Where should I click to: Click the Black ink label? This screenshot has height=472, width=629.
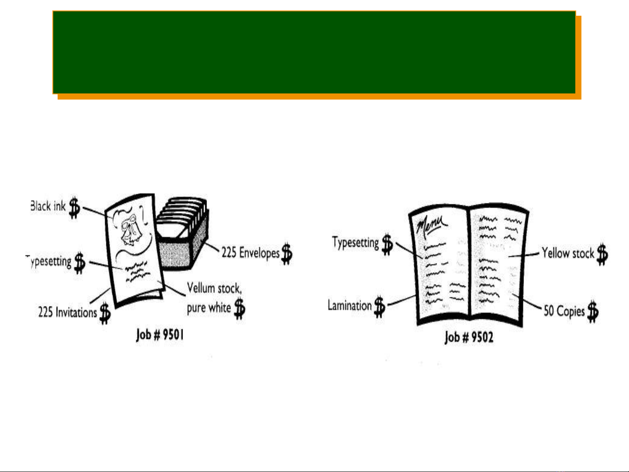coord(48,206)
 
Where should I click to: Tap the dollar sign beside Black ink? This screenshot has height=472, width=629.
coord(75,208)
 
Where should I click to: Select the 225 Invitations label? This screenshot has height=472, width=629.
coord(67,312)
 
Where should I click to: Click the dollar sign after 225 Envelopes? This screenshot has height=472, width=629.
coord(287,254)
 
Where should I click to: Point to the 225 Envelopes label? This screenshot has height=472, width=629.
coord(250,252)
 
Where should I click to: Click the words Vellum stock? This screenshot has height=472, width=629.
coord(214,288)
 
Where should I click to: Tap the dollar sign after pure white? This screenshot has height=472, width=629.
coord(239,308)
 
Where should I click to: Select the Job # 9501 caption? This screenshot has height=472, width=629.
coord(160,335)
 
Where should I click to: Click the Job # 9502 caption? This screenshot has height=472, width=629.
coord(469,337)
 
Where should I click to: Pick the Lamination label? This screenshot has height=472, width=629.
coord(349,305)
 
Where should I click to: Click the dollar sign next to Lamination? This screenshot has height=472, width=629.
coord(380,307)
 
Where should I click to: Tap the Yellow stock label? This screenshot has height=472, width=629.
coord(567,253)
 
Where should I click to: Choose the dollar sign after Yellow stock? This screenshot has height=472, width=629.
coord(602,254)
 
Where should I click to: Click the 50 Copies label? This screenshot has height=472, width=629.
coord(564,311)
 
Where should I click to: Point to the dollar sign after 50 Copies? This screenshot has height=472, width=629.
coord(593,312)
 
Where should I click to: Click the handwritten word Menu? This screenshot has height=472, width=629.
coord(431,225)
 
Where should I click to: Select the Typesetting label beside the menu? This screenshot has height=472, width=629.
coord(355,242)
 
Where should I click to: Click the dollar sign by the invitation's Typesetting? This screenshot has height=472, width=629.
coord(79,263)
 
